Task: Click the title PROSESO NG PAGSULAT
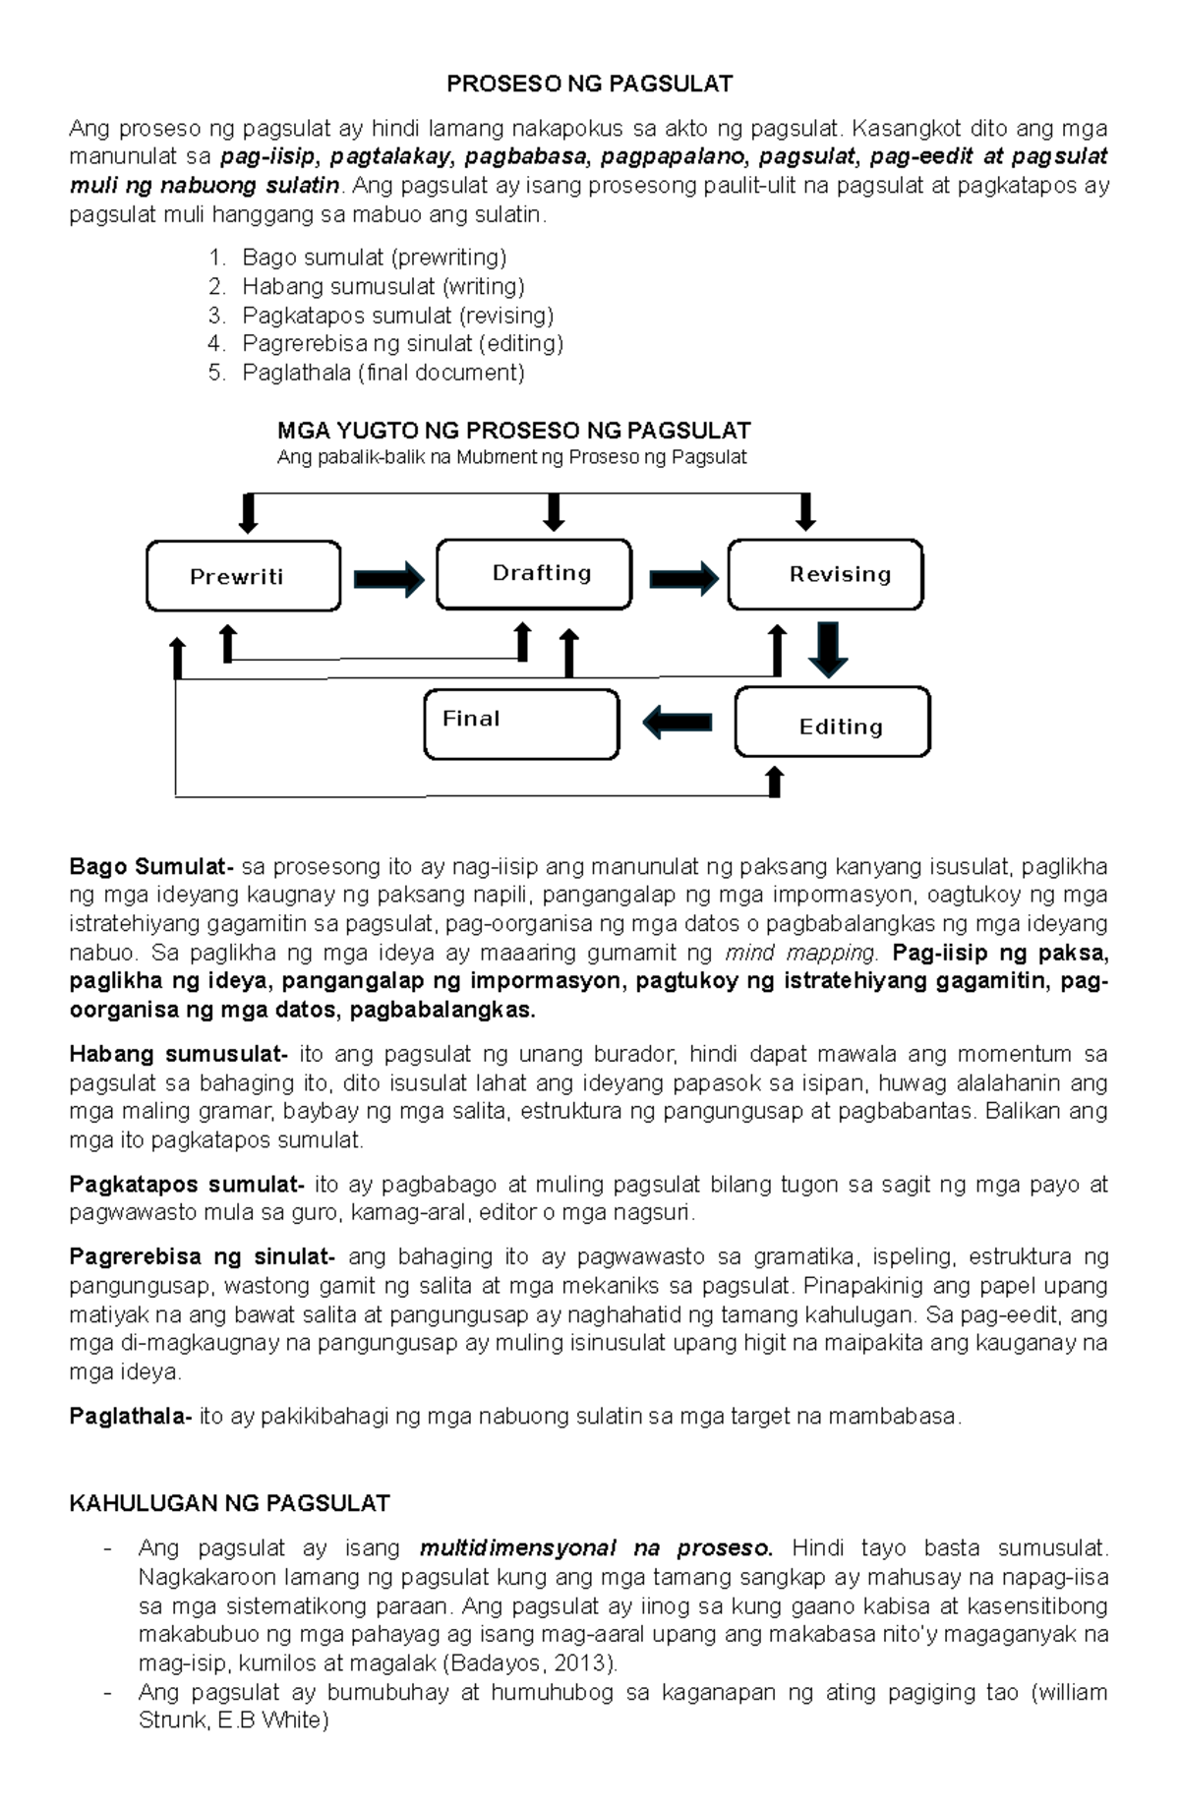[x=589, y=84]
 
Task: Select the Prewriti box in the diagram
[x=243, y=576]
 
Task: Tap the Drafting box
[x=534, y=574]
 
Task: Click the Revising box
[x=825, y=574]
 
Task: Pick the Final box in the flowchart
[x=521, y=724]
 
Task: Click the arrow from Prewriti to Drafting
[x=388, y=578]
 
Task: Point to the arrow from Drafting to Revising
[x=683, y=578]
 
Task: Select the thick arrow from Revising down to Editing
[x=828, y=648]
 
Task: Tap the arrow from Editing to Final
[x=678, y=723]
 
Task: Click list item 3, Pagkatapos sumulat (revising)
[x=397, y=316]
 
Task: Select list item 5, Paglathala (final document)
[x=383, y=373]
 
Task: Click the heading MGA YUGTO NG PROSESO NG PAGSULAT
[x=513, y=431]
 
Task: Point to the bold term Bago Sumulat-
[x=151, y=867]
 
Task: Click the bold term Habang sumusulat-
[x=179, y=1055]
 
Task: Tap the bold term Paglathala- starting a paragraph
[x=131, y=1417]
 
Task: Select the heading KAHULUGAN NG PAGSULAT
[x=229, y=1503]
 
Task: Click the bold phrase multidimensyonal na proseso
[x=596, y=1548]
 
